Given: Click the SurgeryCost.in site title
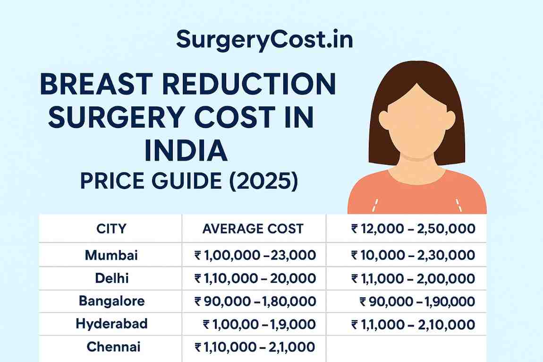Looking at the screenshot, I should (x=264, y=40).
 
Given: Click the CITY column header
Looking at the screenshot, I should (x=111, y=229).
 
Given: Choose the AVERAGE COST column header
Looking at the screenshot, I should (x=253, y=229).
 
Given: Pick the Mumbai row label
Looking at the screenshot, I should (x=111, y=256).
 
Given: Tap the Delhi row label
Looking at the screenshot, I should (x=111, y=278).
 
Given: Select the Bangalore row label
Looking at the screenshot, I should (x=111, y=301).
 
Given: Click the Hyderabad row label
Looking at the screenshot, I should (x=111, y=324).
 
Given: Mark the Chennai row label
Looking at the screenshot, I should (x=113, y=347).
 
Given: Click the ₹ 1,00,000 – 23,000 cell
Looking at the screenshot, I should (x=255, y=256).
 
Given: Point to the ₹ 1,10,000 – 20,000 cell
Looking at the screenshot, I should (x=255, y=278).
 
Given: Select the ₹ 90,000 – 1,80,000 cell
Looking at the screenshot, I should (x=255, y=301).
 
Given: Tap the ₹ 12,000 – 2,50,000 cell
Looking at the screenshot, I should (x=413, y=229).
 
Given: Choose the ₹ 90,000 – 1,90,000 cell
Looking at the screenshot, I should (x=417, y=301).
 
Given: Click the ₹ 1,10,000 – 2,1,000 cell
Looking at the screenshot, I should (x=255, y=347).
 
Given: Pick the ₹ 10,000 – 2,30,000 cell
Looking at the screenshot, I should (x=413, y=256).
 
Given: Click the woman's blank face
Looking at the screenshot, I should (x=417, y=121).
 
